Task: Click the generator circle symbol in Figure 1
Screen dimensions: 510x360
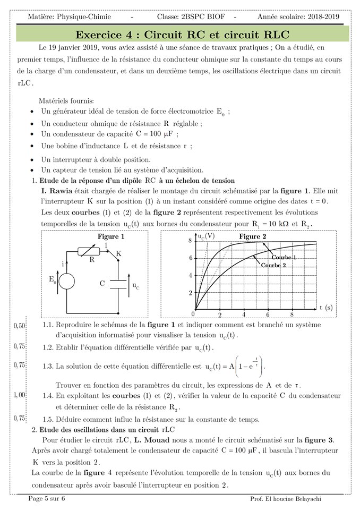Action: pos(66,281)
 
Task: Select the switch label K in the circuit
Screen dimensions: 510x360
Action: pos(118,254)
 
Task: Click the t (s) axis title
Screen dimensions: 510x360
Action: pos(326,308)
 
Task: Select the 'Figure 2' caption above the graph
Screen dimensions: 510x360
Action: pos(253,236)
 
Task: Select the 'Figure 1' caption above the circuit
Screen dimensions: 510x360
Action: pos(111,236)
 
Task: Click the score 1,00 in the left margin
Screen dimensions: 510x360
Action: pos(19,395)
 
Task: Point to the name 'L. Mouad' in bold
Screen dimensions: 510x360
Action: pos(151,440)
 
